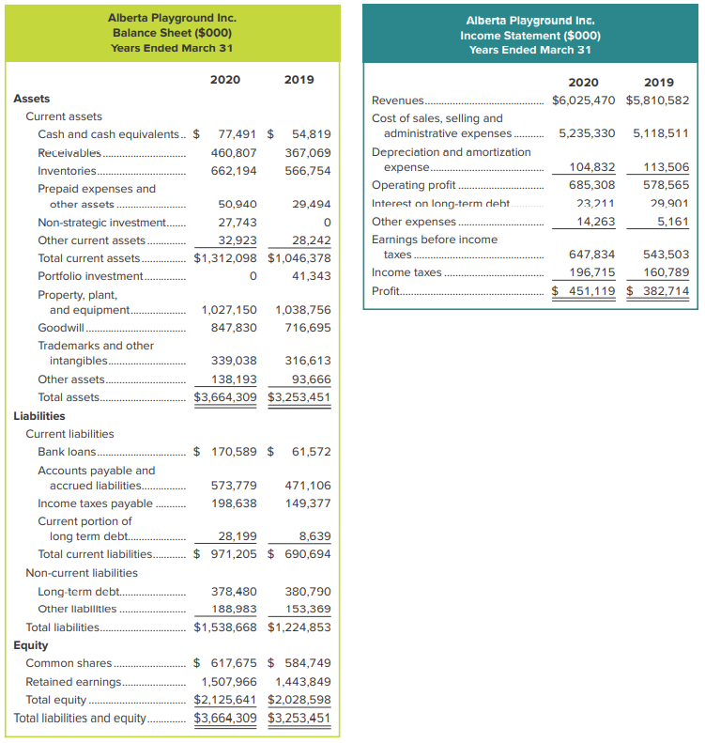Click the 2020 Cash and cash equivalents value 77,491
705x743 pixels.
[238, 134]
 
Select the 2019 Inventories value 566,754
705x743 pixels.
[308, 171]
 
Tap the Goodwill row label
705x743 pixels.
[61, 328]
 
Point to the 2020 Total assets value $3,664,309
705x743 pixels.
[225, 397]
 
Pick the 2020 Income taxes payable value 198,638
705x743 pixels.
[235, 503]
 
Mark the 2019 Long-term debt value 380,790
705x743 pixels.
[308, 592]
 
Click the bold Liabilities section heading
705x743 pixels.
[39, 415]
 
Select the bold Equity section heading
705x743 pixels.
[31, 645]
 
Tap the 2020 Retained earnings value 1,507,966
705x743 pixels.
[229, 682]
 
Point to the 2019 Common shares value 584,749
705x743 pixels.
[308, 663]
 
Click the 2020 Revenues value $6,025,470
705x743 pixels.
[584, 101]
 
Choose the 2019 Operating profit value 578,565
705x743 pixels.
[666, 185]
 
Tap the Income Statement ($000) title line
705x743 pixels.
[530, 36]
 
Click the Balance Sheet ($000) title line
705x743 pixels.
[172, 33]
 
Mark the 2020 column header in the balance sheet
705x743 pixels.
[225, 80]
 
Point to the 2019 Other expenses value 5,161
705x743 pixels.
[671, 223]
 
